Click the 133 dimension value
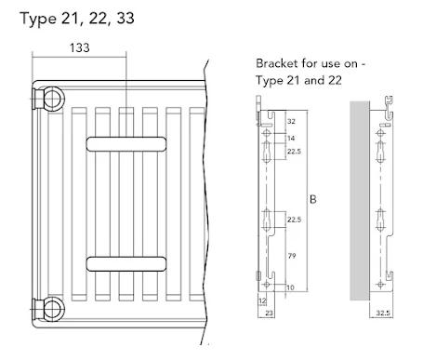(80, 47)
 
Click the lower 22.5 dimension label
(294, 220)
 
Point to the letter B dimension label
(313, 198)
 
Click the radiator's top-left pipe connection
(48, 96)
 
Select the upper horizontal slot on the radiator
(126, 143)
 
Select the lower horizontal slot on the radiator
(126, 261)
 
